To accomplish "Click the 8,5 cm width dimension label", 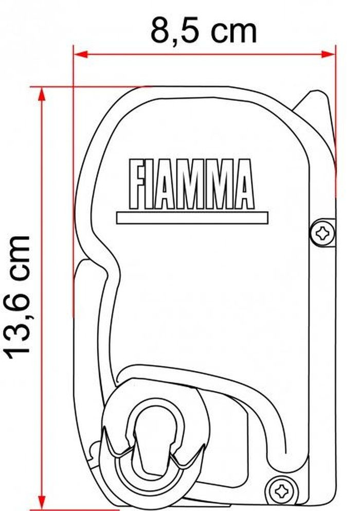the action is coord(203,31).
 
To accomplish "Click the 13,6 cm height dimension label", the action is coord(19,296).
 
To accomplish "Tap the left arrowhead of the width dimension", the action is coord(80,55).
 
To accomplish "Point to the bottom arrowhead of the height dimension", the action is coord(41,502).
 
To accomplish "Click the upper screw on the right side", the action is coord(322,233).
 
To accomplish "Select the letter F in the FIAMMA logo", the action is coord(136,184).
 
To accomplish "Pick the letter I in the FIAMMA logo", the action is coord(151,184).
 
